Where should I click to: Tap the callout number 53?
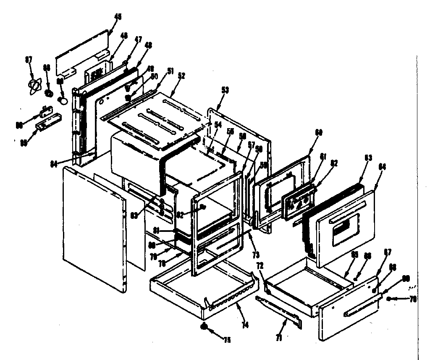(x=225, y=89)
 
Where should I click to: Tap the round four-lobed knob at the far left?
(x=33, y=85)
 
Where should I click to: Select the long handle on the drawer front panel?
(x=359, y=310)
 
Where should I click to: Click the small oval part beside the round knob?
(x=63, y=100)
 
